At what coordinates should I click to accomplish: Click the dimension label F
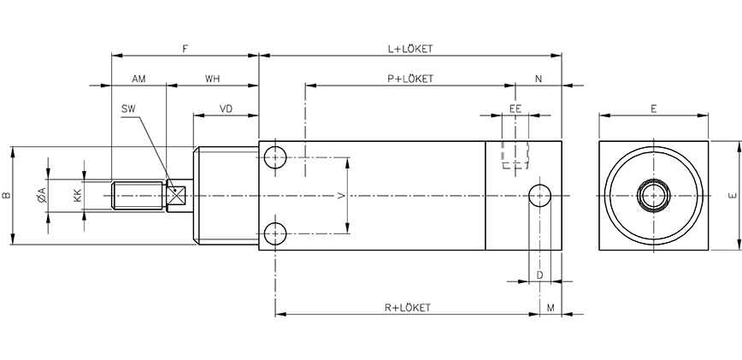tap(185, 48)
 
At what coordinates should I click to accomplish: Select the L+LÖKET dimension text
tap(410, 49)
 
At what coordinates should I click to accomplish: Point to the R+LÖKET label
tap(406, 307)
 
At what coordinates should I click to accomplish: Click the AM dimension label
tap(138, 79)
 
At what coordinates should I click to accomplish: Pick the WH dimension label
tap(212, 79)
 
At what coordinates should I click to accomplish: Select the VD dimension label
tap(227, 109)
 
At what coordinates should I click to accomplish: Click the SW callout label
tap(129, 109)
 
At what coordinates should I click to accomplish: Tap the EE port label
tap(515, 109)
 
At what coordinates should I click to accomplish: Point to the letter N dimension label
tap(539, 79)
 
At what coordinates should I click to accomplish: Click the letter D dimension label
tap(539, 274)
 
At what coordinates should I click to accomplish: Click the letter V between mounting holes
tap(341, 196)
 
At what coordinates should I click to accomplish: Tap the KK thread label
tap(78, 196)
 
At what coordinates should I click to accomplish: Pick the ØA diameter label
tap(42, 196)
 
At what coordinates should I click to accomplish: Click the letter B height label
tap(7, 196)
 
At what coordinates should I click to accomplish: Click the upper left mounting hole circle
tap(275, 158)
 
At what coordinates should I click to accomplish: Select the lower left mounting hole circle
tap(275, 233)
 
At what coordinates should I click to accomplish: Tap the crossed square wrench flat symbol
tap(179, 196)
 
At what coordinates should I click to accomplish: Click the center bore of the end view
tap(653, 196)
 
